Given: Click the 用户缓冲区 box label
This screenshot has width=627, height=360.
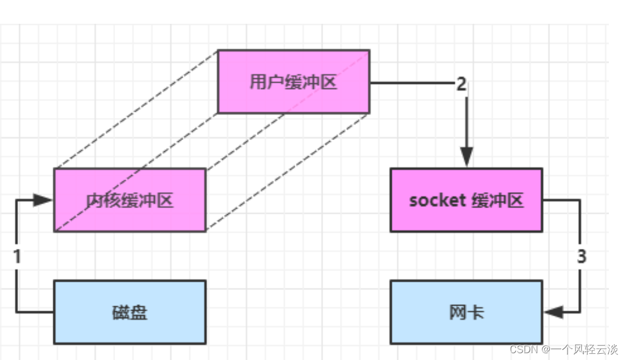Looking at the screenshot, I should coord(293,82).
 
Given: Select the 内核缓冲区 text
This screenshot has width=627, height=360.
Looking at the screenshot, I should coord(130,201).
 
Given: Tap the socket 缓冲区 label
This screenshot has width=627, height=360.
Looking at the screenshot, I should coord(466,200).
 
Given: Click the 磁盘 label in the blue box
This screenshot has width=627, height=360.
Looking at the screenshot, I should coord(130,312).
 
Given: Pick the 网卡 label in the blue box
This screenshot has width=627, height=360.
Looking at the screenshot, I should coord(466,312).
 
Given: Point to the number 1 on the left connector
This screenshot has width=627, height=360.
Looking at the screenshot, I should coord(17,256).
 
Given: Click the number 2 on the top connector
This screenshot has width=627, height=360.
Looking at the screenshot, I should coord(461,84).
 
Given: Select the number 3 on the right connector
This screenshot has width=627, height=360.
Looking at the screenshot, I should coord(581,256).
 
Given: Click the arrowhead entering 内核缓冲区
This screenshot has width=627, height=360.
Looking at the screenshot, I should coord(44,200).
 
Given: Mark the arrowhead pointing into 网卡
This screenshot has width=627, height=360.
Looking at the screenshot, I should coord(553,312).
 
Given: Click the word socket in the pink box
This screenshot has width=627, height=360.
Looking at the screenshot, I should coord(437,201).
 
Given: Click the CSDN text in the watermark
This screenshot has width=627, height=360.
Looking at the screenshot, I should coord(523,350).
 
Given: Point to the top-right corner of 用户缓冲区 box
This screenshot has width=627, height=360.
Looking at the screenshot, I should coord(370,50).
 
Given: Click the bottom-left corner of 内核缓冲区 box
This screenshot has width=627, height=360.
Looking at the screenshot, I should coord(54,231).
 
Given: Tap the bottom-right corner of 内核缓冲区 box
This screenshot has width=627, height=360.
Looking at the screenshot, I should coord(205,231).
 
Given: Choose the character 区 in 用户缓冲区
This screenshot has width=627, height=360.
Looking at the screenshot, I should coord(329,82).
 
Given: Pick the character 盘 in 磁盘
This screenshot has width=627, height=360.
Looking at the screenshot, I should coord(139,312).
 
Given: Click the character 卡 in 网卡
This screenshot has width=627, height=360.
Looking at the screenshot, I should coord(475,312).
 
